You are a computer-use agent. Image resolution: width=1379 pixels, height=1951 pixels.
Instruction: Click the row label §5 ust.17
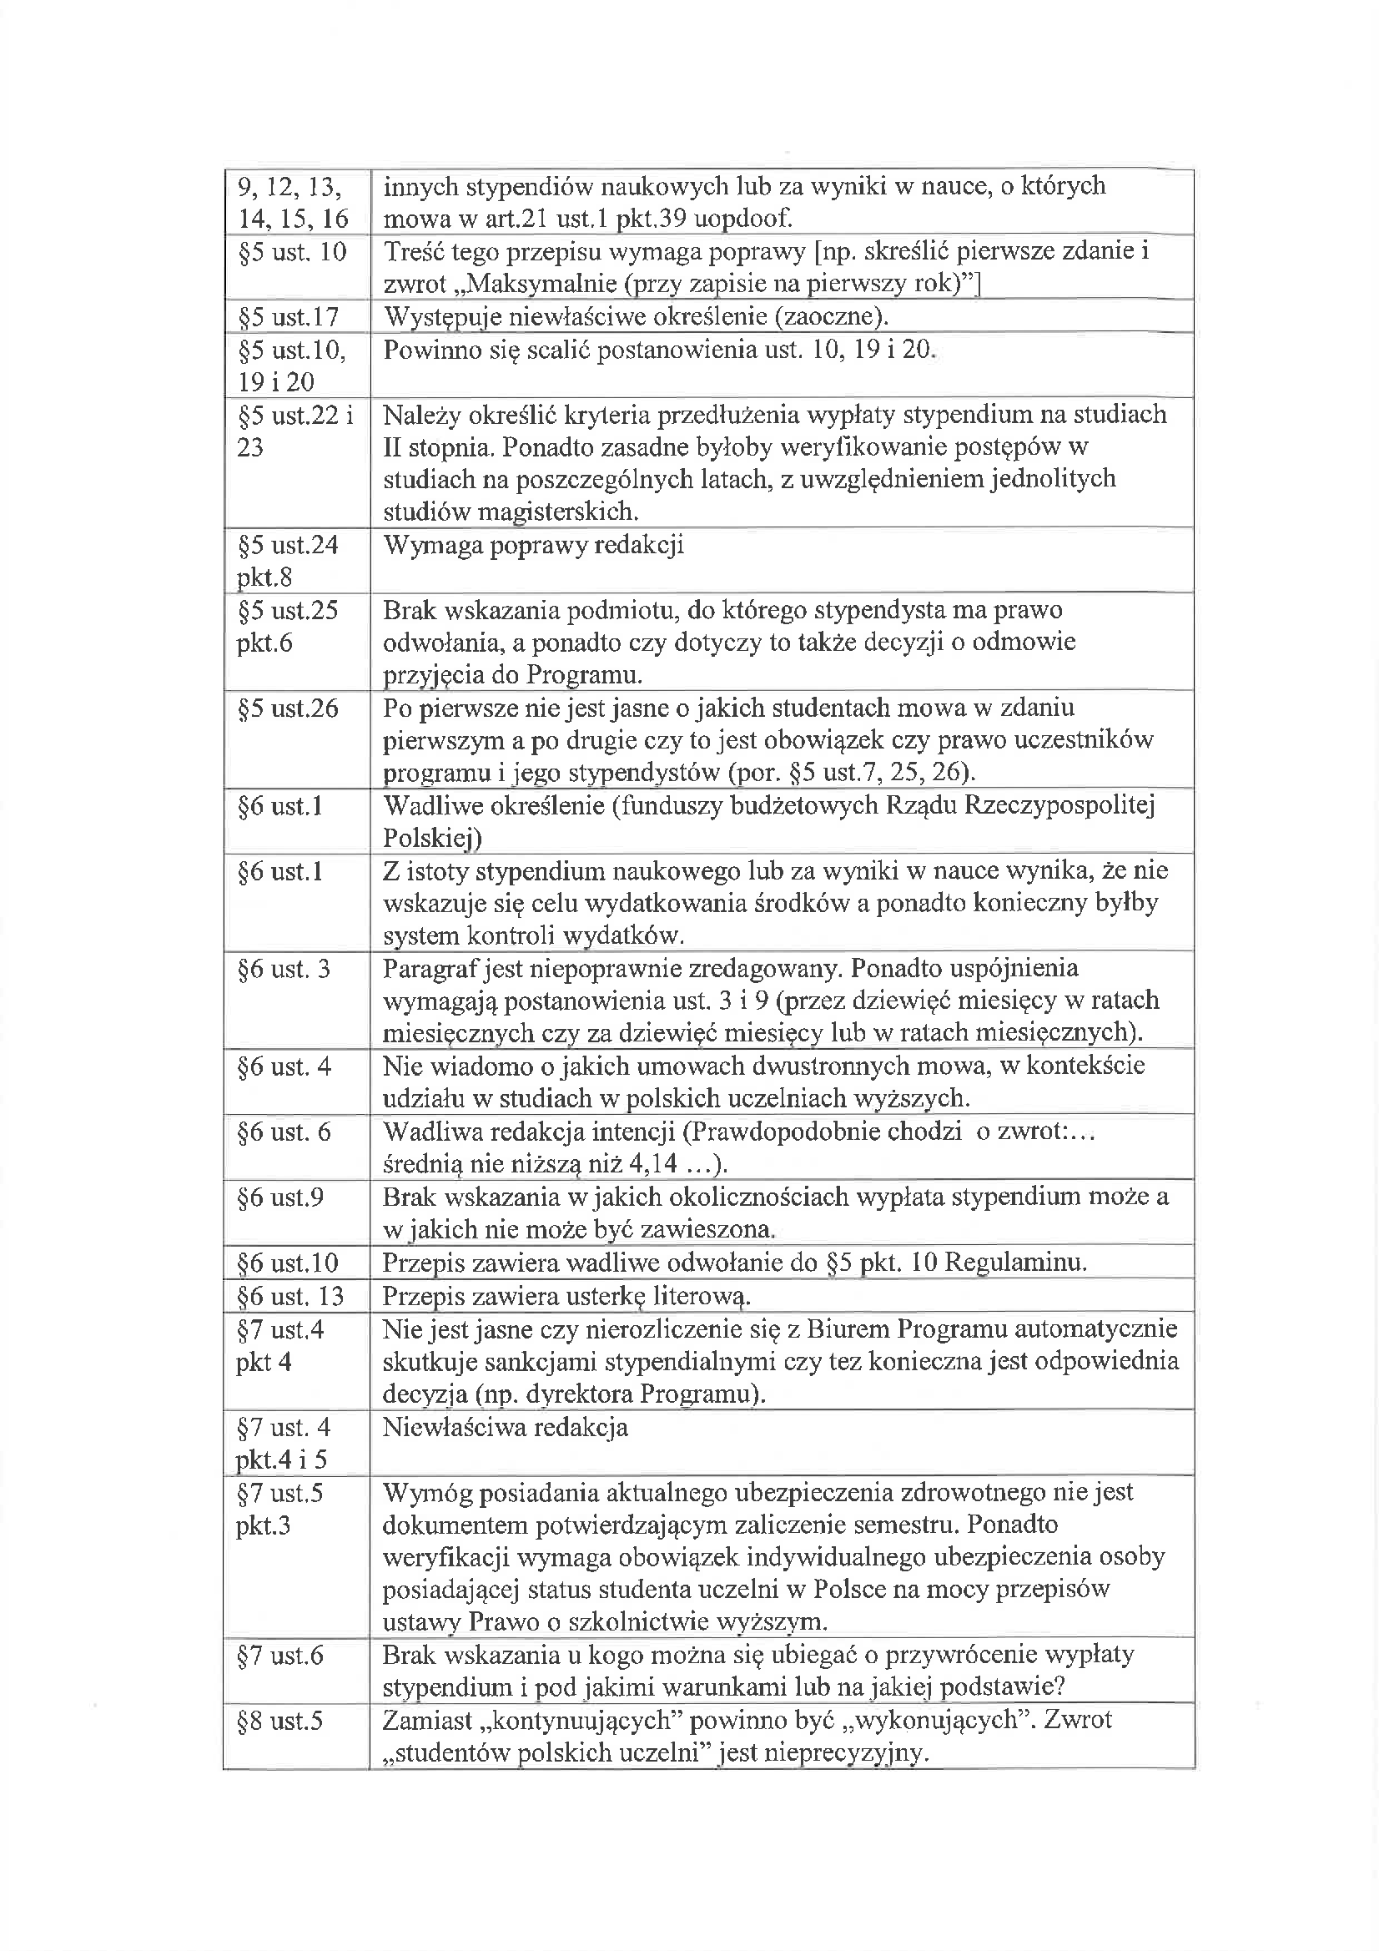pos(288,317)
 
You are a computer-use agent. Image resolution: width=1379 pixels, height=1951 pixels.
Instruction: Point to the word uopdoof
pos(742,219)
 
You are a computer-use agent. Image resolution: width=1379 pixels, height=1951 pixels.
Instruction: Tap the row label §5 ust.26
pos(288,708)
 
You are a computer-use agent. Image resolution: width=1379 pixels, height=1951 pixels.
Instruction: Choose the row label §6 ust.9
pos(280,1197)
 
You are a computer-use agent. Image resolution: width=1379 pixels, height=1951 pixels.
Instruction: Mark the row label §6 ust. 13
pos(290,1296)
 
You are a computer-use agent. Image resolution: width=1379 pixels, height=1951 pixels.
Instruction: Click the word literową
pos(701,1296)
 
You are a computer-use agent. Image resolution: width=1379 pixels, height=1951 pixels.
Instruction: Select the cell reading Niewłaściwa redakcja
pos(506,1427)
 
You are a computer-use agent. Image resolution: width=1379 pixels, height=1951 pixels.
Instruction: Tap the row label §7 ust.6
pos(280,1655)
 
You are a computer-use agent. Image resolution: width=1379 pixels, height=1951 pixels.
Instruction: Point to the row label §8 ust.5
pos(280,1721)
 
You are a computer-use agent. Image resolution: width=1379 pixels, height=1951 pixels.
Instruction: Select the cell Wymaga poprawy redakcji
pos(534,545)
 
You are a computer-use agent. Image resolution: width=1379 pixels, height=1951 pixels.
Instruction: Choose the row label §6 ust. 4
pos(284,1066)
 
